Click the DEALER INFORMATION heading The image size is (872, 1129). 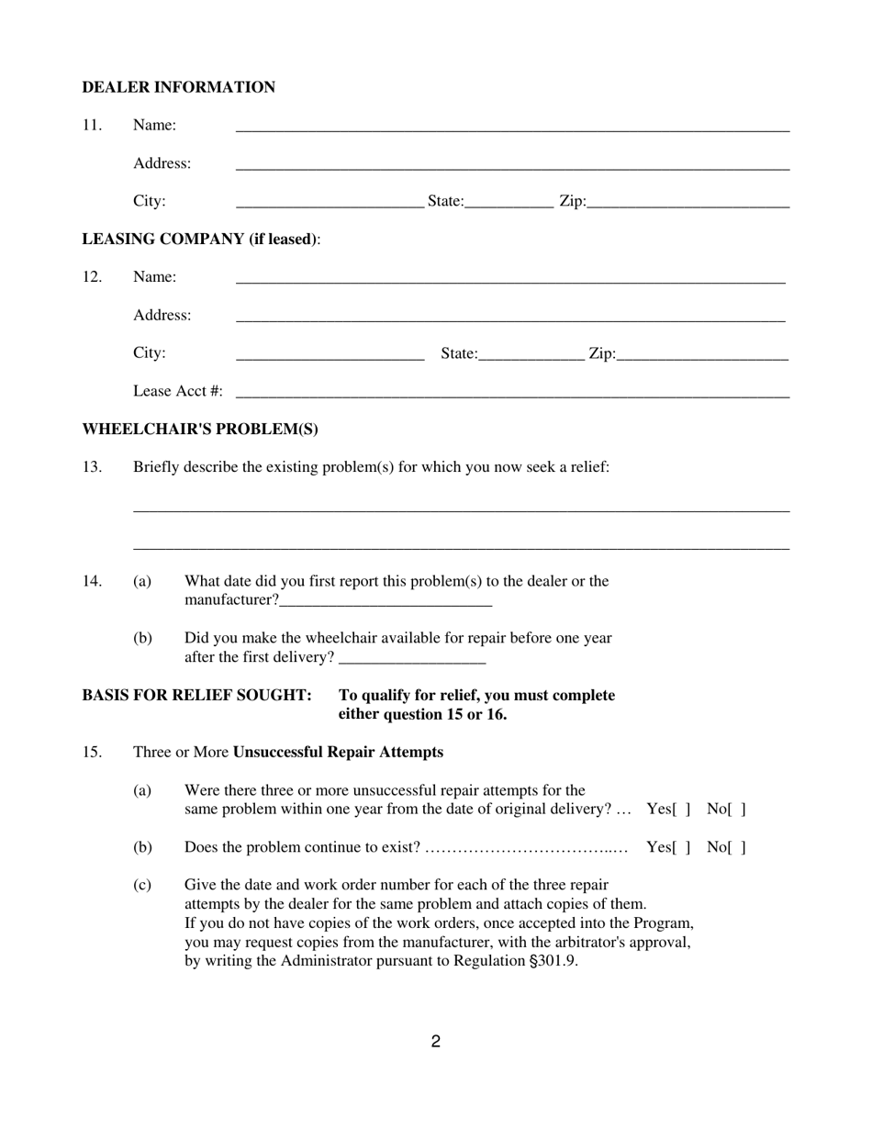coord(178,87)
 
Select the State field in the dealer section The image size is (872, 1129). coord(509,203)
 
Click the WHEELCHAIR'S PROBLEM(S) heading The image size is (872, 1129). coord(200,430)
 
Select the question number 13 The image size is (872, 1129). coord(92,467)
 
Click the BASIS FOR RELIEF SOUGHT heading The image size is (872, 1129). coord(196,696)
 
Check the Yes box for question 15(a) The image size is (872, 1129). coord(681,810)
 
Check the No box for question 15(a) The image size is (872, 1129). coord(737,810)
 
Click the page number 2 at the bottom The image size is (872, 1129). coord(436,1042)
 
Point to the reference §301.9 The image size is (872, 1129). coord(553,962)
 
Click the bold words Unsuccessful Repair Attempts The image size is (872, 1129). coord(338,753)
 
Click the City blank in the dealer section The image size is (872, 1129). coord(330,203)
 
